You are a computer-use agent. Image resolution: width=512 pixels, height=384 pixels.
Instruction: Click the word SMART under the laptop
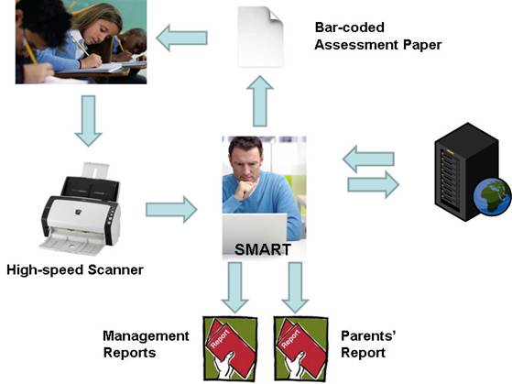coord(263,249)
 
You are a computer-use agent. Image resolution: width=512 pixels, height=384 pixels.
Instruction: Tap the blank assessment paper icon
coord(260,37)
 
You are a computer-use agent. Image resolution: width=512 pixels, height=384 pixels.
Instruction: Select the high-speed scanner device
coord(80,209)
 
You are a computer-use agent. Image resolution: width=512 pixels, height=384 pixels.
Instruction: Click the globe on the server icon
coord(493,197)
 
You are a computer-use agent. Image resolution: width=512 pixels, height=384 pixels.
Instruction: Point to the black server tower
coord(467,171)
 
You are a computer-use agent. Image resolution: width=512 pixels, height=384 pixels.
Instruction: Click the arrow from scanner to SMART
coord(171,210)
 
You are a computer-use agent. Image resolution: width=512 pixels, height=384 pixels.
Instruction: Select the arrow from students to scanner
coord(88,121)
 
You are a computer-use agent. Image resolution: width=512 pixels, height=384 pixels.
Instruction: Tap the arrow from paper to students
coord(181,38)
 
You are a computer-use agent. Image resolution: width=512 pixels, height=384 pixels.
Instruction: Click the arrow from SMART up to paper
coord(260,101)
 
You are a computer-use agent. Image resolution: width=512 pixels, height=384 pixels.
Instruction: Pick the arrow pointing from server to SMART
coord(368,159)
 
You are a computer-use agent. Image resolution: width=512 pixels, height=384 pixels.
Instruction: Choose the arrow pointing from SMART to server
coord(373,184)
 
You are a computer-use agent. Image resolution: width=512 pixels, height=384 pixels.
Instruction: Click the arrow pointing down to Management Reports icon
coord(234,288)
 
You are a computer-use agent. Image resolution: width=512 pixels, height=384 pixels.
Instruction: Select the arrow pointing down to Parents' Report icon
coord(295,288)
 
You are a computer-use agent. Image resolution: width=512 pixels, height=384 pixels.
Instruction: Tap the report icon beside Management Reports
coord(230,348)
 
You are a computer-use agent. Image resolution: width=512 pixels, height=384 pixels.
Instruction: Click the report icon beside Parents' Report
coord(300,348)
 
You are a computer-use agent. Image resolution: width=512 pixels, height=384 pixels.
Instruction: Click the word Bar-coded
coord(349,27)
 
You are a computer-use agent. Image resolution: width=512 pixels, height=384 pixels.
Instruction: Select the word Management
coord(146,336)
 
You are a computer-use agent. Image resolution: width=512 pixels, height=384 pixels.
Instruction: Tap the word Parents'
coord(368,335)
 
